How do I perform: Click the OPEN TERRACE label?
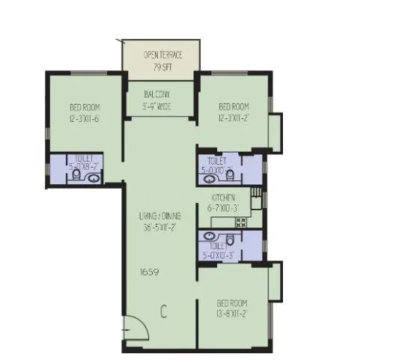[162, 55]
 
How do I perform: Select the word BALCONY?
[158, 95]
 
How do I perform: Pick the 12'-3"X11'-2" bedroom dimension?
[234, 117]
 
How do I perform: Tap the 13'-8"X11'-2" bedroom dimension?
[232, 313]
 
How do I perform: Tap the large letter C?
[162, 312]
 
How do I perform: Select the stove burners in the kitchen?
[241, 222]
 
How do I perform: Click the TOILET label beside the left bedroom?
[85, 159]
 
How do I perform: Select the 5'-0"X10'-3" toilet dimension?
[219, 255]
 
